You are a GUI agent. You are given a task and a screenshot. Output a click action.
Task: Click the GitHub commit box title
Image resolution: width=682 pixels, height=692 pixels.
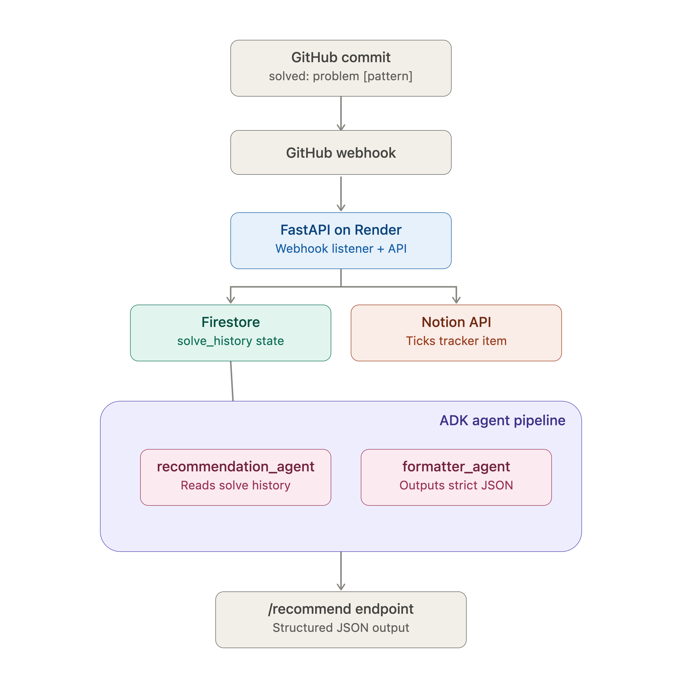click(x=341, y=57)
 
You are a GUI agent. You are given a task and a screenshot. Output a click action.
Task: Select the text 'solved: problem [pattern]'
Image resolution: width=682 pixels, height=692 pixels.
click(x=341, y=76)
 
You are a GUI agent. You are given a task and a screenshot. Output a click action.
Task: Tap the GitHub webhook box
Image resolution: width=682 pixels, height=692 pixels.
click(x=341, y=153)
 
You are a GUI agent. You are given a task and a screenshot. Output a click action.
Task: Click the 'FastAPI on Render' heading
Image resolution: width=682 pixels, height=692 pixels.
click(x=341, y=230)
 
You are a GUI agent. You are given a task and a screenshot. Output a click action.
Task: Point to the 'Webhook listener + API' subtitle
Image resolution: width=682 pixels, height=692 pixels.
click(x=341, y=248)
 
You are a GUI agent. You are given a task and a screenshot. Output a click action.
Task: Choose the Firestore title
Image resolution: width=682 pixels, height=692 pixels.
click(x=231, y=322)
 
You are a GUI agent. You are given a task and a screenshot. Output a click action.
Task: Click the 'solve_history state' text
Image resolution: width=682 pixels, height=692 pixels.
click(x=231, y=341)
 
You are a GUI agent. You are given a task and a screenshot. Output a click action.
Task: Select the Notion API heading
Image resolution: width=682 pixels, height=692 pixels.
click(x=456, y=322)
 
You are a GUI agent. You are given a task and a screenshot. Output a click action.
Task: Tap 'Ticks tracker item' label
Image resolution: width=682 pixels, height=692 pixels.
click(x=456, y=341)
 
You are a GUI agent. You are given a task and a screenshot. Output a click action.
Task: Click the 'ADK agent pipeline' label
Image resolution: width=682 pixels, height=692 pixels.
click(x=502, y=420)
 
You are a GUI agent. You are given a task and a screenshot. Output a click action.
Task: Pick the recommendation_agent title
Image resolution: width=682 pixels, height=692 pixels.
click(x=236, y=467)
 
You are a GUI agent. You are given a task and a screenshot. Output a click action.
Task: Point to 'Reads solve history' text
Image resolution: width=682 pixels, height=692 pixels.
click(x=236, y=485)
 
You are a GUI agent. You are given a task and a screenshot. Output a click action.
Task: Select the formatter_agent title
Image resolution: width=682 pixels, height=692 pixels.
click(x=456, y=467)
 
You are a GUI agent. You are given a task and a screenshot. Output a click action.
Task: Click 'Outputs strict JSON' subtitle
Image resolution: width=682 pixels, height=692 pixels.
click(x=456, y=485)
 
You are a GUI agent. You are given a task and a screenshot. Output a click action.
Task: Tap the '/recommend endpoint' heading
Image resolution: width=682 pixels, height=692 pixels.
click(x=341, y=609)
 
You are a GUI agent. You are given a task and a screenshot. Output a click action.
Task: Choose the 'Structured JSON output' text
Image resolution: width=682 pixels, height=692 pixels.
click(x=341, y=628)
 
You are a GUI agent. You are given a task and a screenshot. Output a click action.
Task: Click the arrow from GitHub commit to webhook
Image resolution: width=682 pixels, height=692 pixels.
click(x=341, y=113)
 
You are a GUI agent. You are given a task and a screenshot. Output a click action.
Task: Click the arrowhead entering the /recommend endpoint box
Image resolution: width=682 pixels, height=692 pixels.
click(x=341, y=587)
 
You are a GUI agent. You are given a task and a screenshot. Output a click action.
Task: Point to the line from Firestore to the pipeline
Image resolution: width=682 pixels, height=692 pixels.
click(x=232, y=381)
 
